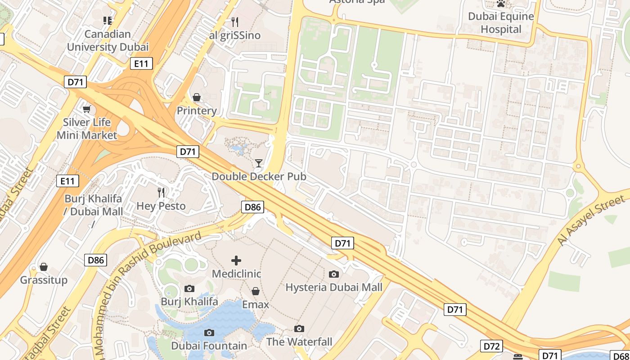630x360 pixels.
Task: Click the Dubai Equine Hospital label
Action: coord(501,23)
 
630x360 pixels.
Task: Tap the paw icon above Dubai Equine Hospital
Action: coord(501,4)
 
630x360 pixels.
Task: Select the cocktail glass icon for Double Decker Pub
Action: coord(259,163)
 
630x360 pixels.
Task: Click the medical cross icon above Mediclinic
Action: coord(236,261)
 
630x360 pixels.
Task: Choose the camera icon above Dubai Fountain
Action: coord(209,333)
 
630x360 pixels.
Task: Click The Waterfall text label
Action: coord(299,342)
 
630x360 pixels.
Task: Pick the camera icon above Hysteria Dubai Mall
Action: coord(334,274)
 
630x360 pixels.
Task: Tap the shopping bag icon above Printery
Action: coord(197,97)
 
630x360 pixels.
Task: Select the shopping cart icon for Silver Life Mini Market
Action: coord(86,109)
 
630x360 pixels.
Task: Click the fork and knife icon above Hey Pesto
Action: coord(161,193)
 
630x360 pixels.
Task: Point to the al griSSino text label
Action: coord(234,36)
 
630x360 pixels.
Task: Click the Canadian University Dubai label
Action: coord(108,40)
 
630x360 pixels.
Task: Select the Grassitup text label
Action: coord(44,280)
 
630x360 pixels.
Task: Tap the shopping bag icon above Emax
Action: coord(256,291)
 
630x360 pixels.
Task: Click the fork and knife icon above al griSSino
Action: coord(234,22)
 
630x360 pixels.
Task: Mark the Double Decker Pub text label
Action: coord(259,176)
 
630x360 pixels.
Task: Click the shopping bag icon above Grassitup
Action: coord(44,267)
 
